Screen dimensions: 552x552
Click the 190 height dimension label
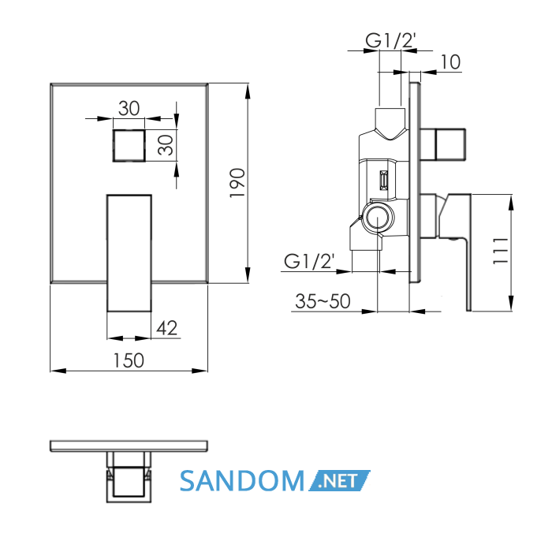point(237,183)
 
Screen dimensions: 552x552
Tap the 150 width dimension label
point(129,361)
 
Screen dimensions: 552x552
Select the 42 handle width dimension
point(167,328)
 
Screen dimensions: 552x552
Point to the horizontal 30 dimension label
point(129,108)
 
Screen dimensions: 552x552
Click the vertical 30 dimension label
point(166,145)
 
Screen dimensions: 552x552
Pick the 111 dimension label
point(501,251)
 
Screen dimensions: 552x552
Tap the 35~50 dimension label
point(323,301)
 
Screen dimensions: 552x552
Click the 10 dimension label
point(450,62)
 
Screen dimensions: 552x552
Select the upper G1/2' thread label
point(391,40)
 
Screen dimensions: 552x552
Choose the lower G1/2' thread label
point(309,261)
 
